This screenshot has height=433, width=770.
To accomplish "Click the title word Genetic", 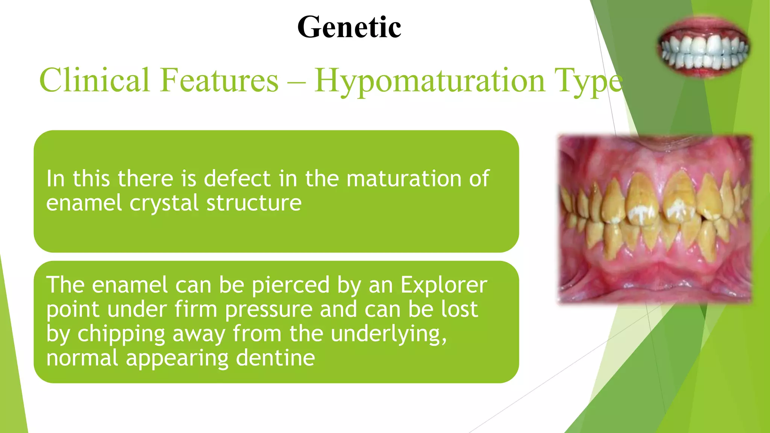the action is click(x=349, y=27).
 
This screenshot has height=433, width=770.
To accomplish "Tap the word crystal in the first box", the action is click(x=164, y=203).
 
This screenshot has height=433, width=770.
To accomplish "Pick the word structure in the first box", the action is click(x=254, y=203).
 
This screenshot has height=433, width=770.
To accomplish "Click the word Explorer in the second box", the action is click(x=444, y=285).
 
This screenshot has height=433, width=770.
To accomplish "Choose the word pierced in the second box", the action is click(x=291, y=285).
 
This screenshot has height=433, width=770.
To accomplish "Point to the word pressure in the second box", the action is click(x=269, y=310).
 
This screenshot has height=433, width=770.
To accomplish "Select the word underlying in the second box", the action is click(x=389, y=334).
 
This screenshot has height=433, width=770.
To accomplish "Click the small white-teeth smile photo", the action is click(x=703, y=47).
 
